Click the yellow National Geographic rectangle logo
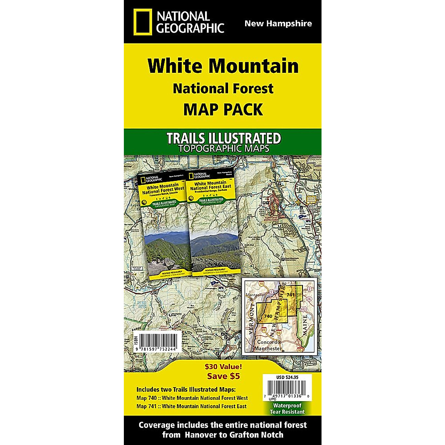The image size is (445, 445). [x=143, y=22]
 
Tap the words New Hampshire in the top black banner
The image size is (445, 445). [x=278, y=24]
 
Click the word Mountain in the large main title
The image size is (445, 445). [x=253, y=66]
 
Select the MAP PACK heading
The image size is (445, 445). [x=223, y=110]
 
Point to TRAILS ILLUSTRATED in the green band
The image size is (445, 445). [x=223, y=138]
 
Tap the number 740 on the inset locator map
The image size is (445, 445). [x=268, y=316]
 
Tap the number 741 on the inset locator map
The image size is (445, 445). [x=290, y=295]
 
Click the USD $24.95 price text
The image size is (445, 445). [x=287, y=378]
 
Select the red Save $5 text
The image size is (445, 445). [x=223, y=376]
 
